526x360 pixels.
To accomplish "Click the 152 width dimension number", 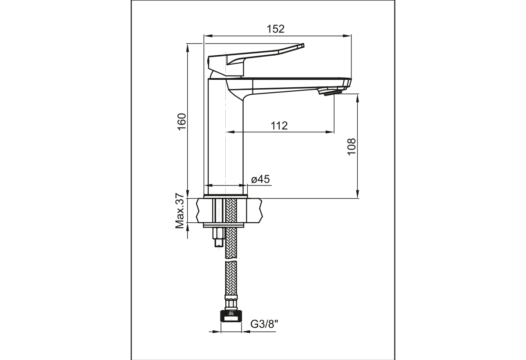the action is coord(275,29).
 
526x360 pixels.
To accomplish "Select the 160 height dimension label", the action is coord(182,121).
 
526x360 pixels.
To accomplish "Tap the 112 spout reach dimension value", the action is coord(279,126).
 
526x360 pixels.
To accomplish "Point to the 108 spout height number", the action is coord(352,146).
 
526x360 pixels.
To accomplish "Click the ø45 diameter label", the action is coord(260,179).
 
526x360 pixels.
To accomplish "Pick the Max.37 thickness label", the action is coord(180,211).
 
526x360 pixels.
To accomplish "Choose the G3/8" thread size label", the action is coord(264,324).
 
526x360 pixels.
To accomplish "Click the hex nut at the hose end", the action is coord(231,316).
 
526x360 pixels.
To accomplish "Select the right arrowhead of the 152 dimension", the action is coord(347,36).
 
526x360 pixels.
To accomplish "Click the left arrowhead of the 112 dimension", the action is coord(230,132).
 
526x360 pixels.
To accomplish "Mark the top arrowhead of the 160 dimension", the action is coord(188,48).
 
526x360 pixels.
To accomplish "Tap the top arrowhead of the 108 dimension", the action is coord(358,99).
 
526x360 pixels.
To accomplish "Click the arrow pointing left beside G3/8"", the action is coord(246,332).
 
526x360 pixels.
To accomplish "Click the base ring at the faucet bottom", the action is coord(226,196).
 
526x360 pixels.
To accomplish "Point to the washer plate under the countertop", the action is coord(223,225).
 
